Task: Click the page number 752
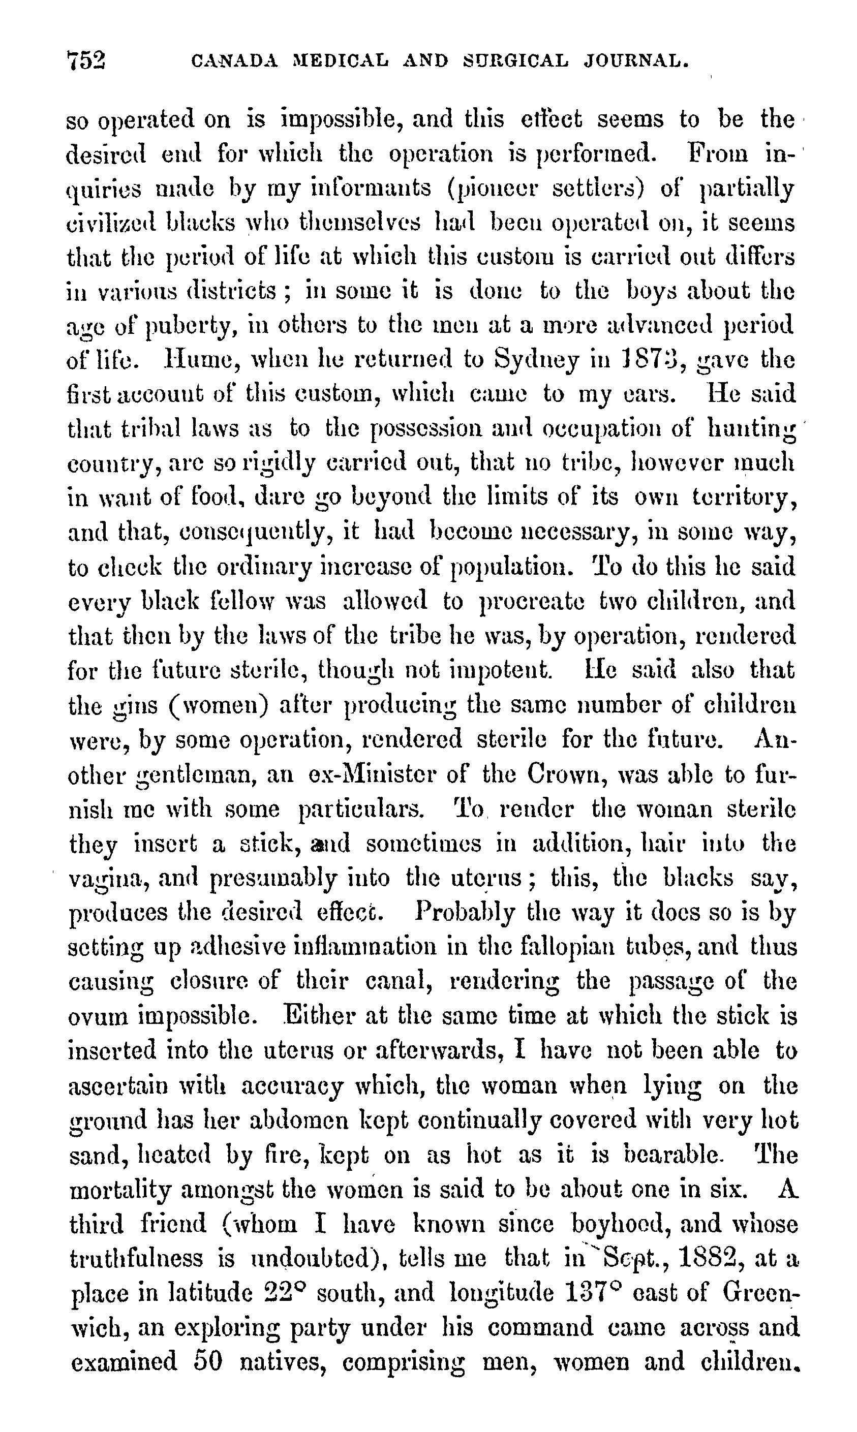[x=86, y=60]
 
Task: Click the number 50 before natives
[x=207, y=1361]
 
